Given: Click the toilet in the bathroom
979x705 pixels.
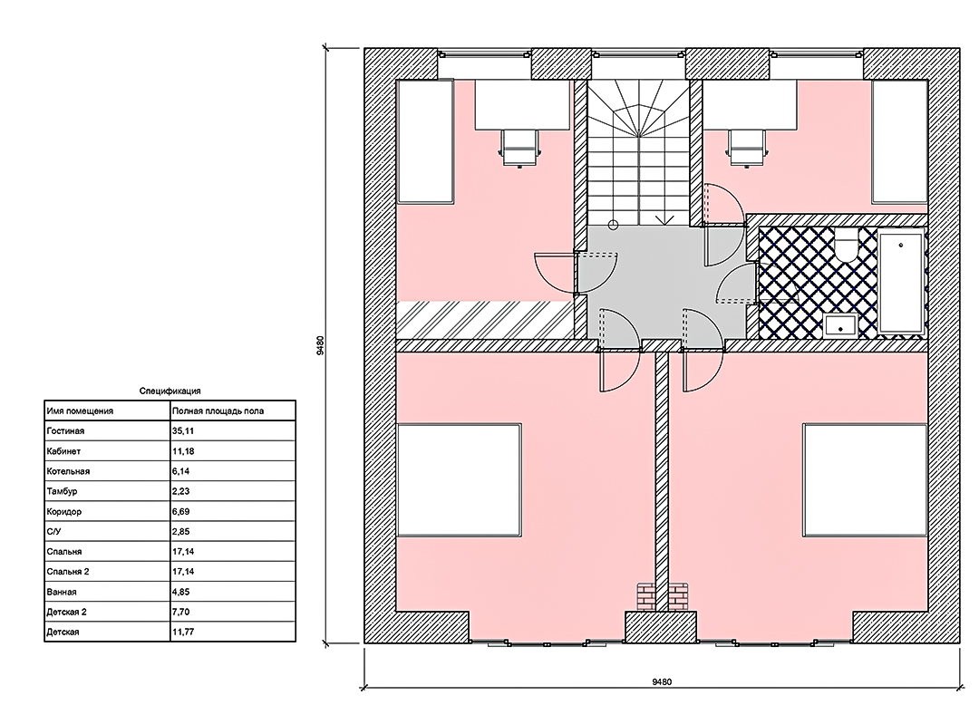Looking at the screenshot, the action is (x=848, y=246).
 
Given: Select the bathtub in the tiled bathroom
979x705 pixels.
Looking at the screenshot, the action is (x=900, y=282).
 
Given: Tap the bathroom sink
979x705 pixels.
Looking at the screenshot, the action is (x=840, y=325).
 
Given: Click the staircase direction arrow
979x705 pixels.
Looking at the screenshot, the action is (x=666, y=219).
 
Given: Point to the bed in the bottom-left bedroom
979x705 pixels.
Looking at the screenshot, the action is (x=459, y=479).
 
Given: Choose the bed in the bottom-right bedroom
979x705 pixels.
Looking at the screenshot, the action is (x=866, y=479).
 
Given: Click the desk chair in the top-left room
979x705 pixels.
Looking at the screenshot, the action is (x=519, y=149).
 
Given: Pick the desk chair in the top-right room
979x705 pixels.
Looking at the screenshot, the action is (x=745, y=149).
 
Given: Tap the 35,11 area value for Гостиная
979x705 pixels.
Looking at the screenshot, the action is (x=181, y=431).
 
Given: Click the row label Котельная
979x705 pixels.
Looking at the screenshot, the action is (x=68, y=471).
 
